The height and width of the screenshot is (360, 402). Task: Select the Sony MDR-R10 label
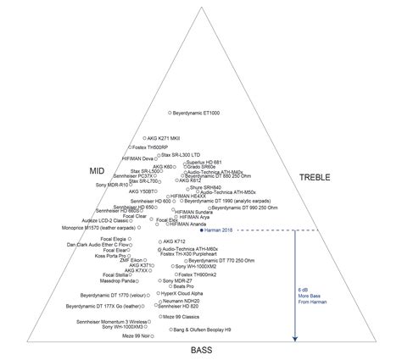pos(111,185)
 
